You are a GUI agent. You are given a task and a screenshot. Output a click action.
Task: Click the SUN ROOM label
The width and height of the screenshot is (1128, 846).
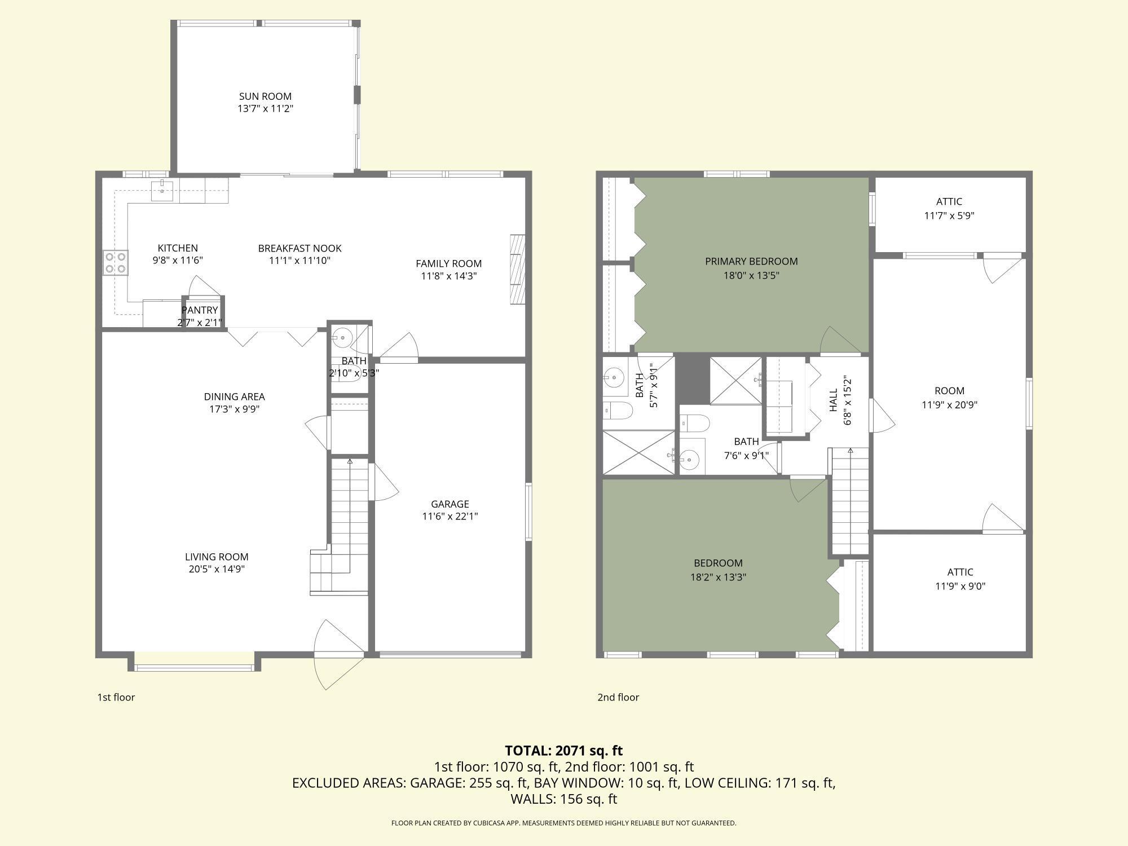coord(265,96)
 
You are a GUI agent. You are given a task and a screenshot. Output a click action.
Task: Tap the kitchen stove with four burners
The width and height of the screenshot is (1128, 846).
coord(115,263)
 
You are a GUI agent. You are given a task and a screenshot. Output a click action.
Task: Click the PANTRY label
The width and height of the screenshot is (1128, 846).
coord(200,310)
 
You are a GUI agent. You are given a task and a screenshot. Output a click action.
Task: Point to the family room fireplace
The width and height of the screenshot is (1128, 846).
coord(517,270)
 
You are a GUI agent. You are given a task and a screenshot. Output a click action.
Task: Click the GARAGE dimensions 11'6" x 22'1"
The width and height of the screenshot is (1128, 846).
coord(450,516)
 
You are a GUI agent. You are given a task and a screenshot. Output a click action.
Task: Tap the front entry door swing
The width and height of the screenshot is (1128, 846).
coord(338,654)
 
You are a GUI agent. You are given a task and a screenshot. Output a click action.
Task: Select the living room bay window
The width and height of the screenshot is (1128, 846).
coord(195,667)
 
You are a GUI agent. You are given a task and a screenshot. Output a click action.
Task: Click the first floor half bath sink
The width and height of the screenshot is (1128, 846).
coord(342,338)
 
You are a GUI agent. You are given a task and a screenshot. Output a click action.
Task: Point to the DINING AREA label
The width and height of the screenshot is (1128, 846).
coord(234,396)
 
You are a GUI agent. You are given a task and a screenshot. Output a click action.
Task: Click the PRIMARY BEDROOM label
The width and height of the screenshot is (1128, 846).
coord(751,261)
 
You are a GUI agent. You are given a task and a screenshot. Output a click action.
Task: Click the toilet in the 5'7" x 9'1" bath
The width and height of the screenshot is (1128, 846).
coord(618,411)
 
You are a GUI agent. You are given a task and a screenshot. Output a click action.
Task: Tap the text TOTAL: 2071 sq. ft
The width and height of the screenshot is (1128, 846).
coord(563,751)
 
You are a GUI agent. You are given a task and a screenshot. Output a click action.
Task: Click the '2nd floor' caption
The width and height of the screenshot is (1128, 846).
coord(618,697)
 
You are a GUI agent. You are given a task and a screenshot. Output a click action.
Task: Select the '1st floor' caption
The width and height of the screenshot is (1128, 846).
coord(116,697)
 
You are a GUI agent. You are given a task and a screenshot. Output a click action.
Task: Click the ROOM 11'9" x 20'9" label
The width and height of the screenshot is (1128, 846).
coord(949,398)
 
